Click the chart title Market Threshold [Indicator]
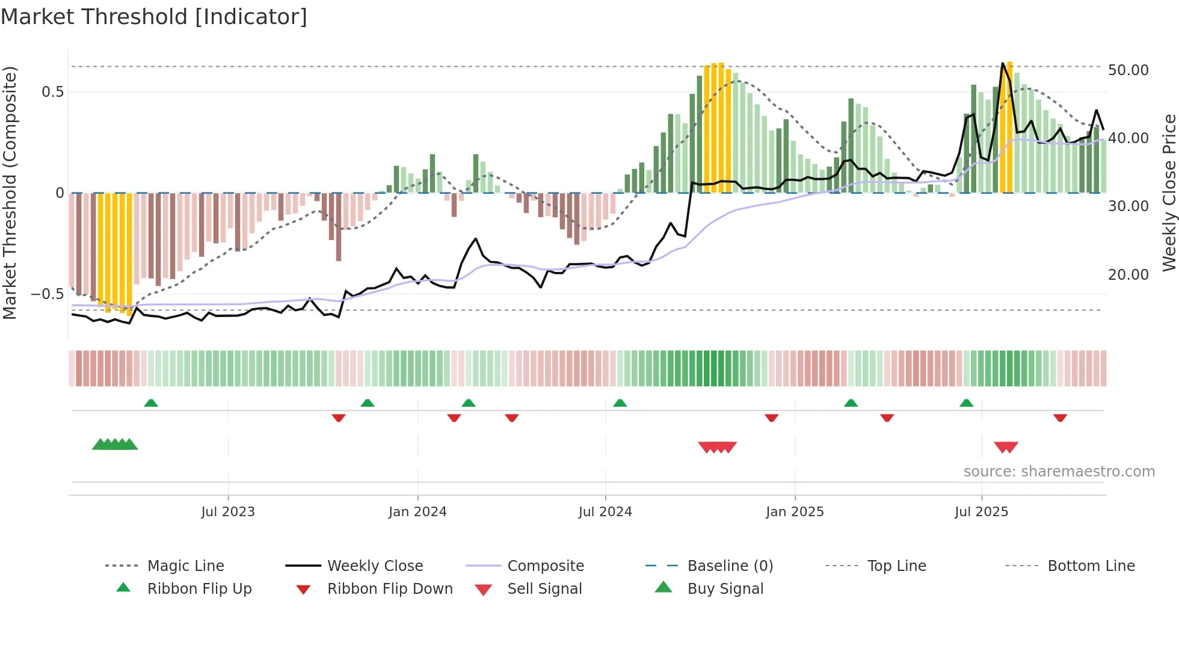click(154, 17)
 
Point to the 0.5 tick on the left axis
click(52, 92)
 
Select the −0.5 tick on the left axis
click(48, 294)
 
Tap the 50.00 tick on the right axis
click(1128, 70)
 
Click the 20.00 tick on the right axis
click(1128, 275)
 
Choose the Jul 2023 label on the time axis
click(228, 512)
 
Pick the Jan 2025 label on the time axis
click(795, 512)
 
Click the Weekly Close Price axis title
click(1169, 193)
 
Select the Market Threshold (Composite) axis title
click(10, 193)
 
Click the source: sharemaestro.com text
click(1059, 472)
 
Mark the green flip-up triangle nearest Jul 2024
click(620, 403)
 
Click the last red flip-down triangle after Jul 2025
click(1060, 418)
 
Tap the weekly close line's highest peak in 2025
click(1003, 63)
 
